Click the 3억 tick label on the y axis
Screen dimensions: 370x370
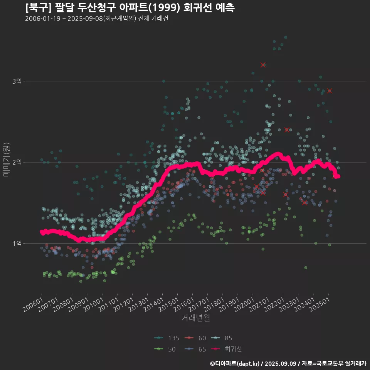pos(17,81)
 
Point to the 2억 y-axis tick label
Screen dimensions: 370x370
pos(17,162)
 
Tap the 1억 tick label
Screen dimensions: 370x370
pos(17,243)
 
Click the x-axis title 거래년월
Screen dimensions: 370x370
pos(195,318)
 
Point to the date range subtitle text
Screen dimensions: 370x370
pos(96,19)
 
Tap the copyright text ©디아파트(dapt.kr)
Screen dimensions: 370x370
pos(235,363)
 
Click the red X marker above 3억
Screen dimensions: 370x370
pos(263,65)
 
